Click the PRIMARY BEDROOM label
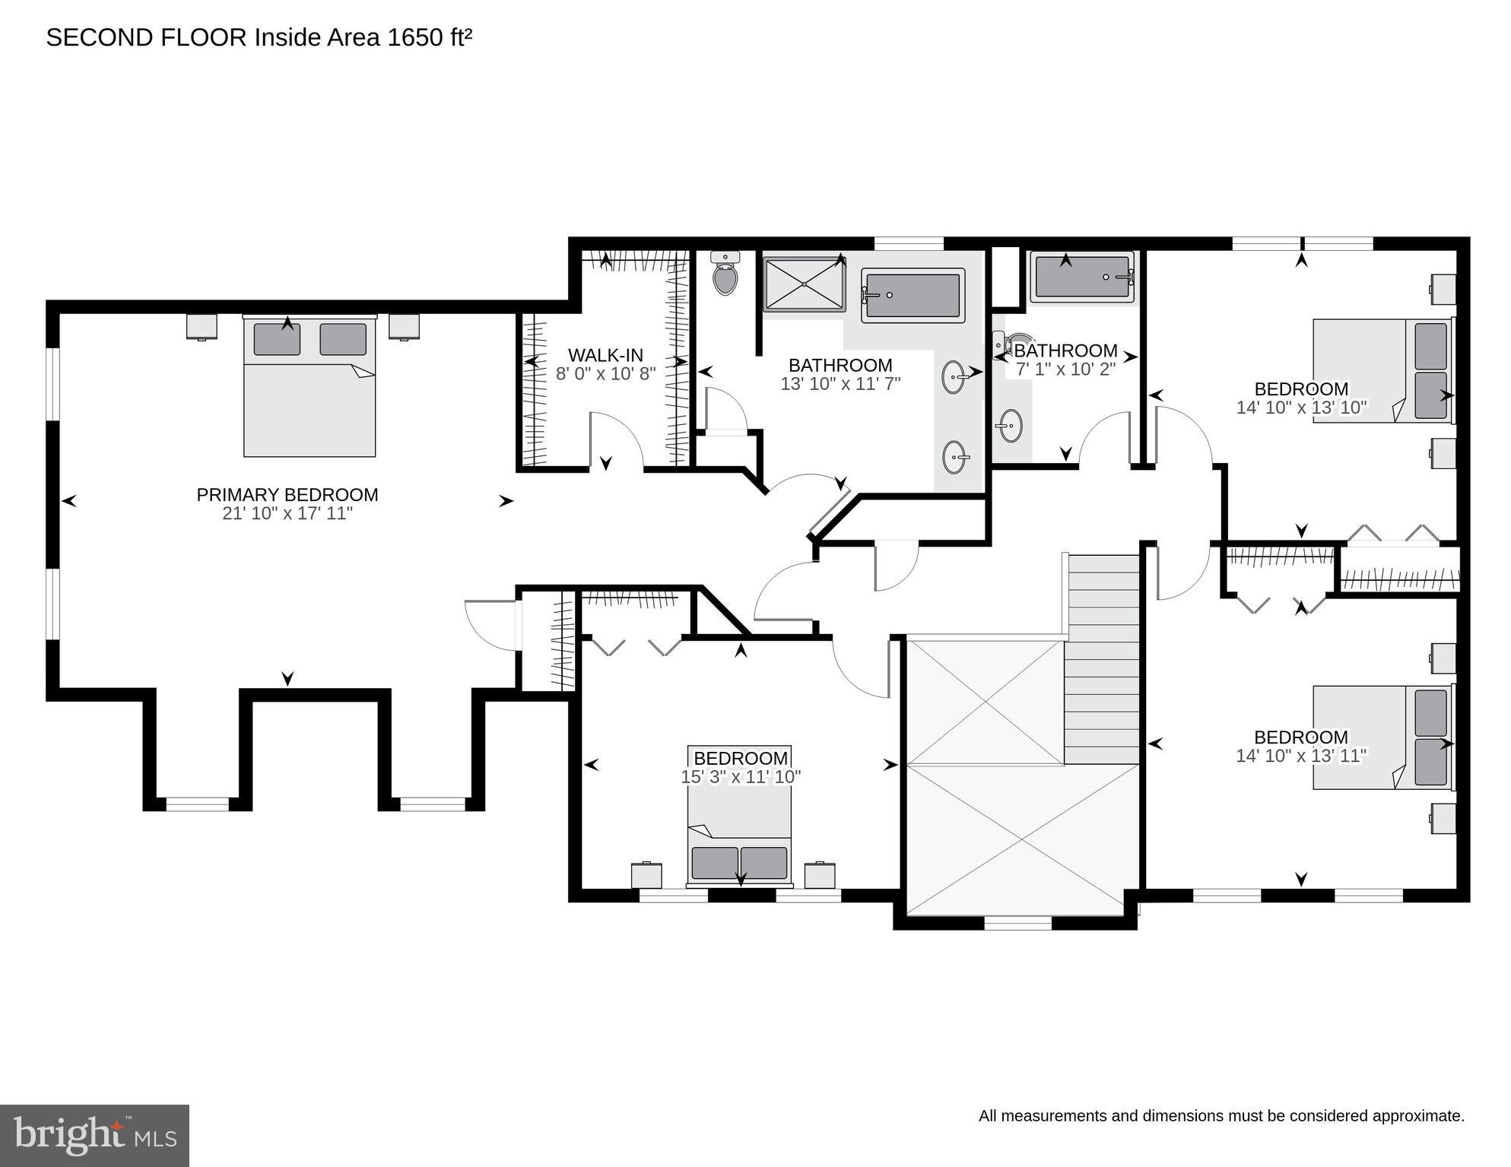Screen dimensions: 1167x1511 pyautogui.click(x=287, y=495)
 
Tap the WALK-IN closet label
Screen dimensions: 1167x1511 pyautogui.click(x=605, y=355)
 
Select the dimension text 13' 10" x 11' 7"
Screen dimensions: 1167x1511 pyautogui.click(x=840, y=384)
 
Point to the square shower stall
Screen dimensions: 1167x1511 pyautogui.click(x=804, y=284)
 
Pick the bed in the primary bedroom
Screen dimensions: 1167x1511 pyautogui.click(x=310, y=388)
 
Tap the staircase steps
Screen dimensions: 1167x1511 pyautogui.click(x=1101, y=658)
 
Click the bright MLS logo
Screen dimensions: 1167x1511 pyautogui.click(x=94, y=1134)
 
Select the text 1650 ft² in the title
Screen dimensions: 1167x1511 pyautogui.click(x=430, y=38)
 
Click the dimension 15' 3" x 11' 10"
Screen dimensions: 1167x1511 pyautogui.click(x=741, y=777)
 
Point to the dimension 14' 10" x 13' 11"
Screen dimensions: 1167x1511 pyautogui.click(x=1301, y=756)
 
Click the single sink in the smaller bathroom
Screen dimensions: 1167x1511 pyautogui.click(x=1010, y=426)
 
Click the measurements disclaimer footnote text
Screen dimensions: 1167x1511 pyautogui.click(x=1221, y=1116)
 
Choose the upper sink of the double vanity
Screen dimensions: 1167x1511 pyautogui.click(x=955, y=376)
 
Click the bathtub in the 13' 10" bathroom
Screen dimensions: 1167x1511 pyautogui.click(x=913, y=296)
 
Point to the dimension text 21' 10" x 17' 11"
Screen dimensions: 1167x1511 pyautogui.click(x=287, y=514)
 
